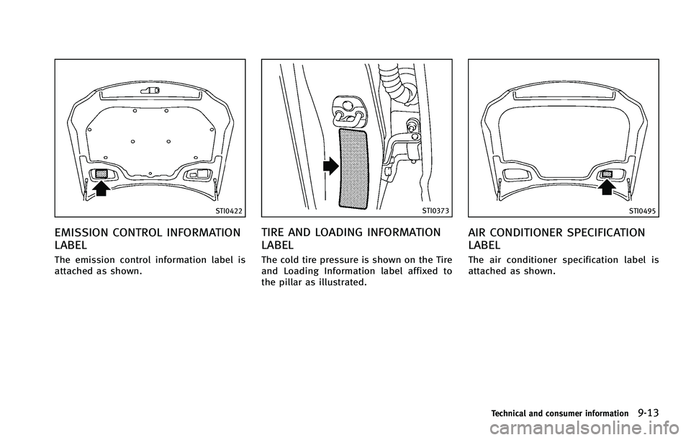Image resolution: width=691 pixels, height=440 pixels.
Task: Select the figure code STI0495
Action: (x=643, y=210)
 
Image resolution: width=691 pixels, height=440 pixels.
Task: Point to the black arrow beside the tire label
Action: (x=330, y=167)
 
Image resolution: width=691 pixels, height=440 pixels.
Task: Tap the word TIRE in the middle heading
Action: (x=274, y=233)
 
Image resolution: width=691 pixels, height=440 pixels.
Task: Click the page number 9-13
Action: (x=649, y=412)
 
